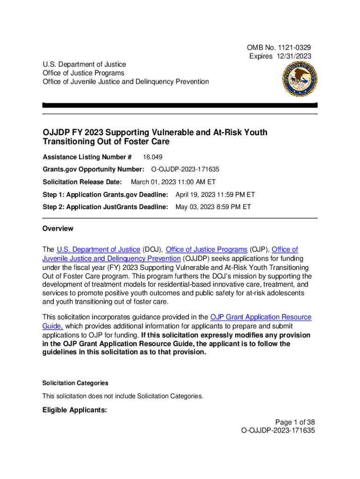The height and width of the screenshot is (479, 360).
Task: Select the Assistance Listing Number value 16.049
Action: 153,157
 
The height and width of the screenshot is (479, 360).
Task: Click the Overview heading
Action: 58,229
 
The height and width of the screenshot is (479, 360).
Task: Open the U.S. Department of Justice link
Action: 98,249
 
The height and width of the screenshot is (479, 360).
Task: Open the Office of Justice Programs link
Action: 207,249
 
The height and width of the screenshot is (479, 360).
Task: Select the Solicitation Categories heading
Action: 75,383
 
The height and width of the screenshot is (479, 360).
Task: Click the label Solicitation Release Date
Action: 82,182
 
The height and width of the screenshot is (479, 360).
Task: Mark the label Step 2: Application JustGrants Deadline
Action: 105,206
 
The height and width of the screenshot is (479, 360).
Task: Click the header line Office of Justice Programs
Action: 84,73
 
